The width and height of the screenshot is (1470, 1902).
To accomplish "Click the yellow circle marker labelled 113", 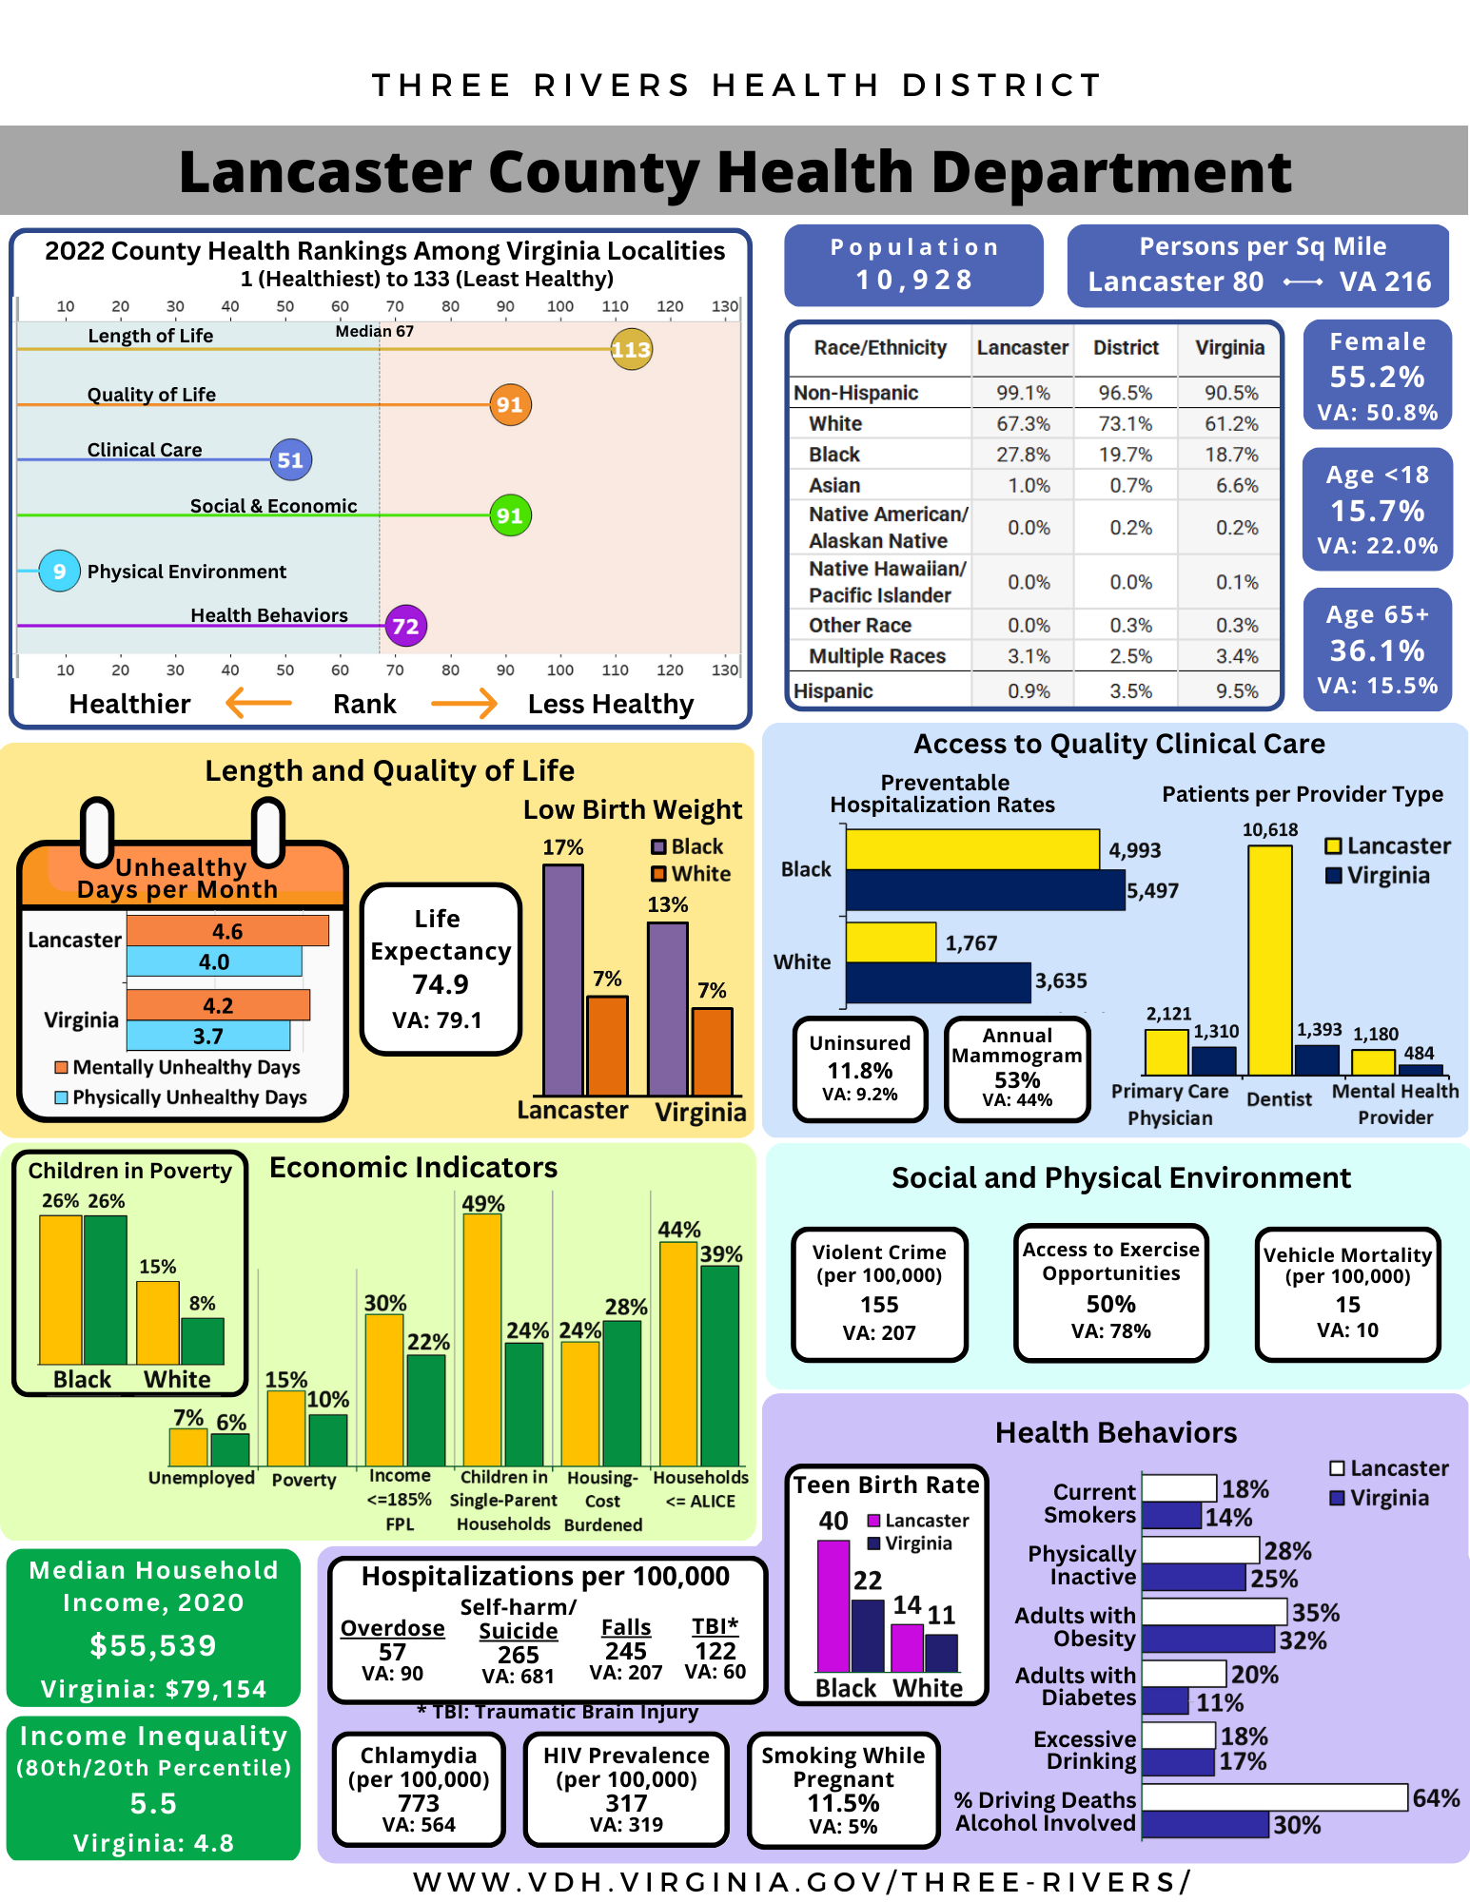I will tap(631, 350).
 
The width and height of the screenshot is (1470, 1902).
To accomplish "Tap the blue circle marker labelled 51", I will tap(290, 460).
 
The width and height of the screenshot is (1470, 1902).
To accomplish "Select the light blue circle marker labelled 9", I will tap(59, 571).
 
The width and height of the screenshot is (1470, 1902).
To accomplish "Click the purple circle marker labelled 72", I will tap(405, 626).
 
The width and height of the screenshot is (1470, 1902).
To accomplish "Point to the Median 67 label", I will tap(374, 331).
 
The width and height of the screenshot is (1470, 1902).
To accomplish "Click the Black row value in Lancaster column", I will tap(1023, 455).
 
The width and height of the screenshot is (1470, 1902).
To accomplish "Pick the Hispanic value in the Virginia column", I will tap(1236, 691).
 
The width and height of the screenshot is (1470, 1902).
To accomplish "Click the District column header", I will tap(1126, 348).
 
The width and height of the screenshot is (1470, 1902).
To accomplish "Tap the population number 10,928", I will tap(913, 280).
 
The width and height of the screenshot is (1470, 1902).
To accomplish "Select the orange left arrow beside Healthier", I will tap(259, 704).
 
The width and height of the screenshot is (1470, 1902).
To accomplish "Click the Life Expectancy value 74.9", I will tap(440, 984).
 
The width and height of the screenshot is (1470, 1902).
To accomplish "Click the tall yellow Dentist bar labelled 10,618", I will tap(1269, 961).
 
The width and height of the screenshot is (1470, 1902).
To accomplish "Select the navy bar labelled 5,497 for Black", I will tap(984, 890).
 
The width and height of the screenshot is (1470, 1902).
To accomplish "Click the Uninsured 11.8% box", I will tap(860, 1069).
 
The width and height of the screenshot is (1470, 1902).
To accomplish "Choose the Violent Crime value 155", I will tap(879, 1305).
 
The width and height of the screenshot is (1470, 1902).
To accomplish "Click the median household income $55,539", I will tap(153, 1645).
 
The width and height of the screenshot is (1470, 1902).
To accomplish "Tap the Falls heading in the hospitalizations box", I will tap(626, 1627).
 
